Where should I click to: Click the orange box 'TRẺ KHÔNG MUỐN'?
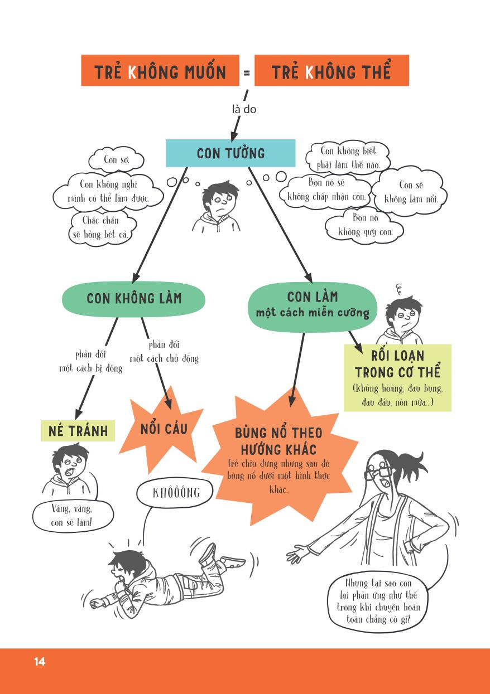[160, 71]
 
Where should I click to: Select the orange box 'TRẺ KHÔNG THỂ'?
[332, 71]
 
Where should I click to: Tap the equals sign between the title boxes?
[247, 72]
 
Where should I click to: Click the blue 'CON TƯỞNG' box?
[230, 153]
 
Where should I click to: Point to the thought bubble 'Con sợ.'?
[116, 161]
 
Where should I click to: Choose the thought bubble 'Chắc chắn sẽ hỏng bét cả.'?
[100, 227]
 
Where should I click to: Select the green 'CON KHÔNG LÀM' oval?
[134, 298]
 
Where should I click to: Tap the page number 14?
[39, 662]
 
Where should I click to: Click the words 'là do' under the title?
[244, 109]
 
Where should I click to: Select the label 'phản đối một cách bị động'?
[90, 361]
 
